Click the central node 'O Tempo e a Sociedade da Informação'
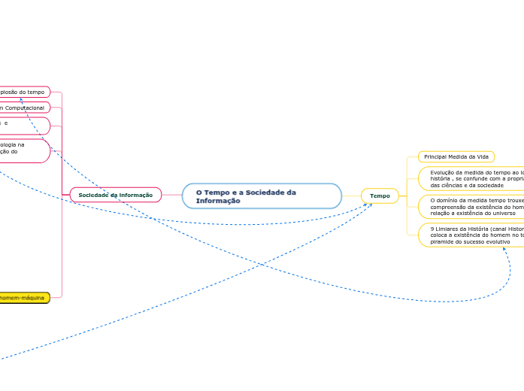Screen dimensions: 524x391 tap(261, 195)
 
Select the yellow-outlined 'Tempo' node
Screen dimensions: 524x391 tap(380, 195)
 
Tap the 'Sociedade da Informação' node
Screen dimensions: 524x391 tap(115, 195)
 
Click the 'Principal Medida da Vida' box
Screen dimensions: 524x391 tap(456, 156)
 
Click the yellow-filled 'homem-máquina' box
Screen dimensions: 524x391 tap(24, 298)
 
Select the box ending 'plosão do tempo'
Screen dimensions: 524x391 tap(25, 92)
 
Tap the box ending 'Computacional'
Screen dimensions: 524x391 tap(25, 108)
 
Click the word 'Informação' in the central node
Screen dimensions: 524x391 tap(218, 201)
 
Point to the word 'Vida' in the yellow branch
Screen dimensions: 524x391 tap(483, 156)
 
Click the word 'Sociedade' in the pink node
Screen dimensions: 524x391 tap(95, 195)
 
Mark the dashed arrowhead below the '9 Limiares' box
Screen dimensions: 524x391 tap(505, 250)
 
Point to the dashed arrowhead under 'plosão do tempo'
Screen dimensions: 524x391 tap(22, 99)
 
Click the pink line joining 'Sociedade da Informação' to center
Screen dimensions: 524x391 tap(172, 195)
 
